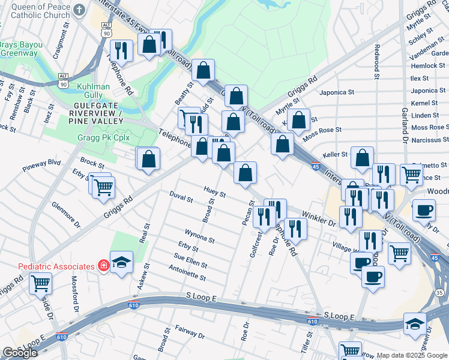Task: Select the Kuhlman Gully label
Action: (94, 91)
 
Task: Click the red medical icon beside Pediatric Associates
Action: (103, 266)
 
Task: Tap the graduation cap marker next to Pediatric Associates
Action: (122, 262)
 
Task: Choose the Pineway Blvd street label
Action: (42, 163)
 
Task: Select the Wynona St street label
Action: (199, 235)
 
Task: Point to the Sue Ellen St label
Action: (191, 260)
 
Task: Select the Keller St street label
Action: (336, 154)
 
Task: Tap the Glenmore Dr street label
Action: (66, 214)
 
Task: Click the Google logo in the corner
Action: (20, 353)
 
